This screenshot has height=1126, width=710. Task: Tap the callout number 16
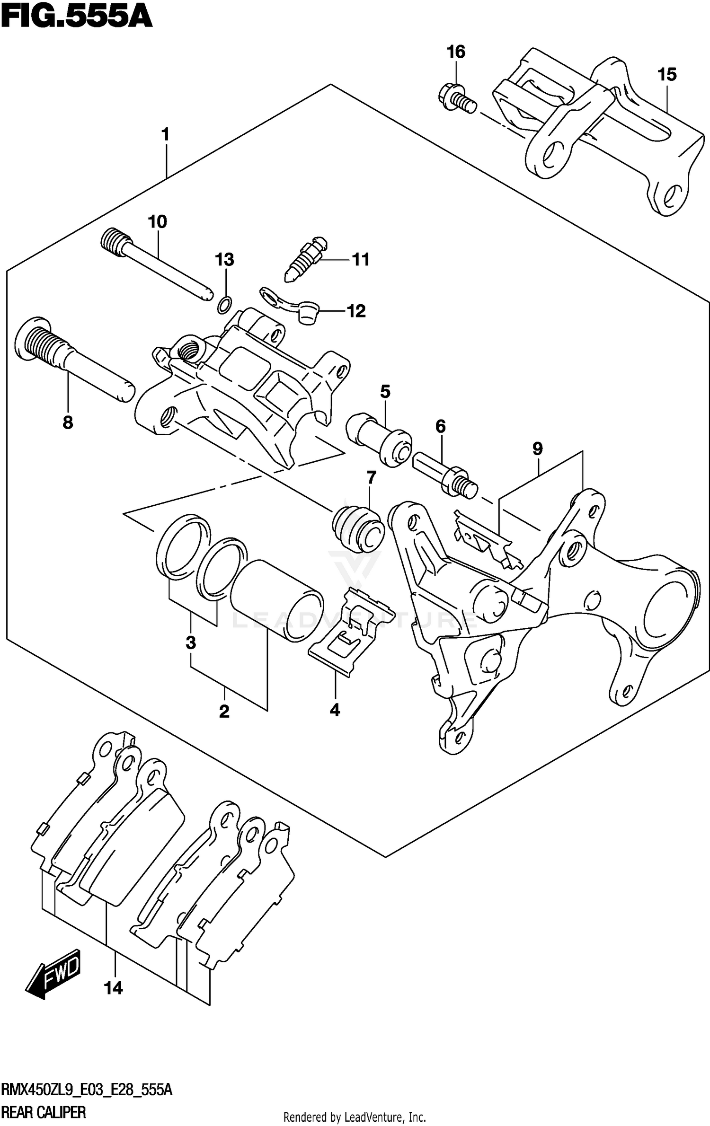(456, 52)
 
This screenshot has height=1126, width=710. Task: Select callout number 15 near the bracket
(666, 74)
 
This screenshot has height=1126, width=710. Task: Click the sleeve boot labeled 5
(379, 439)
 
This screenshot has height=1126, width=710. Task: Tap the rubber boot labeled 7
(358, 529)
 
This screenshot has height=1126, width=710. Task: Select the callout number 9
(537, 449)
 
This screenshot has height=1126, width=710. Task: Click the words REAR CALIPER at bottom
(44, 1111)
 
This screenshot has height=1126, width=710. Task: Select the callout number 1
(165, 135)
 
